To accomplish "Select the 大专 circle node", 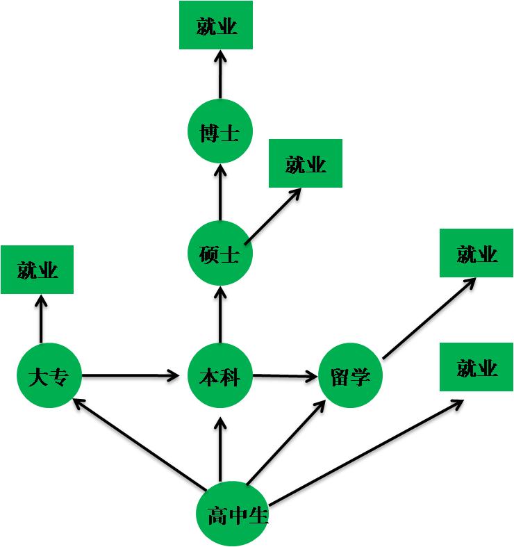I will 50,376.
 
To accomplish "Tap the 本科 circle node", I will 220,376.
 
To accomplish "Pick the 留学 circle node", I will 350,376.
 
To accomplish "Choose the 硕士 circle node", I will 220,254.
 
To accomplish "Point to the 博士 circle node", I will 220,132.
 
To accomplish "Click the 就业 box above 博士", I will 216,26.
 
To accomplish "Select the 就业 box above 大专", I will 38,270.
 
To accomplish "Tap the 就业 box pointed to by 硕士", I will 306,163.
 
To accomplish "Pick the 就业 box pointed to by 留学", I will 476,253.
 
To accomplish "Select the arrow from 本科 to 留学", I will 285,377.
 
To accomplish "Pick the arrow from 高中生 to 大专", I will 139,442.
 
